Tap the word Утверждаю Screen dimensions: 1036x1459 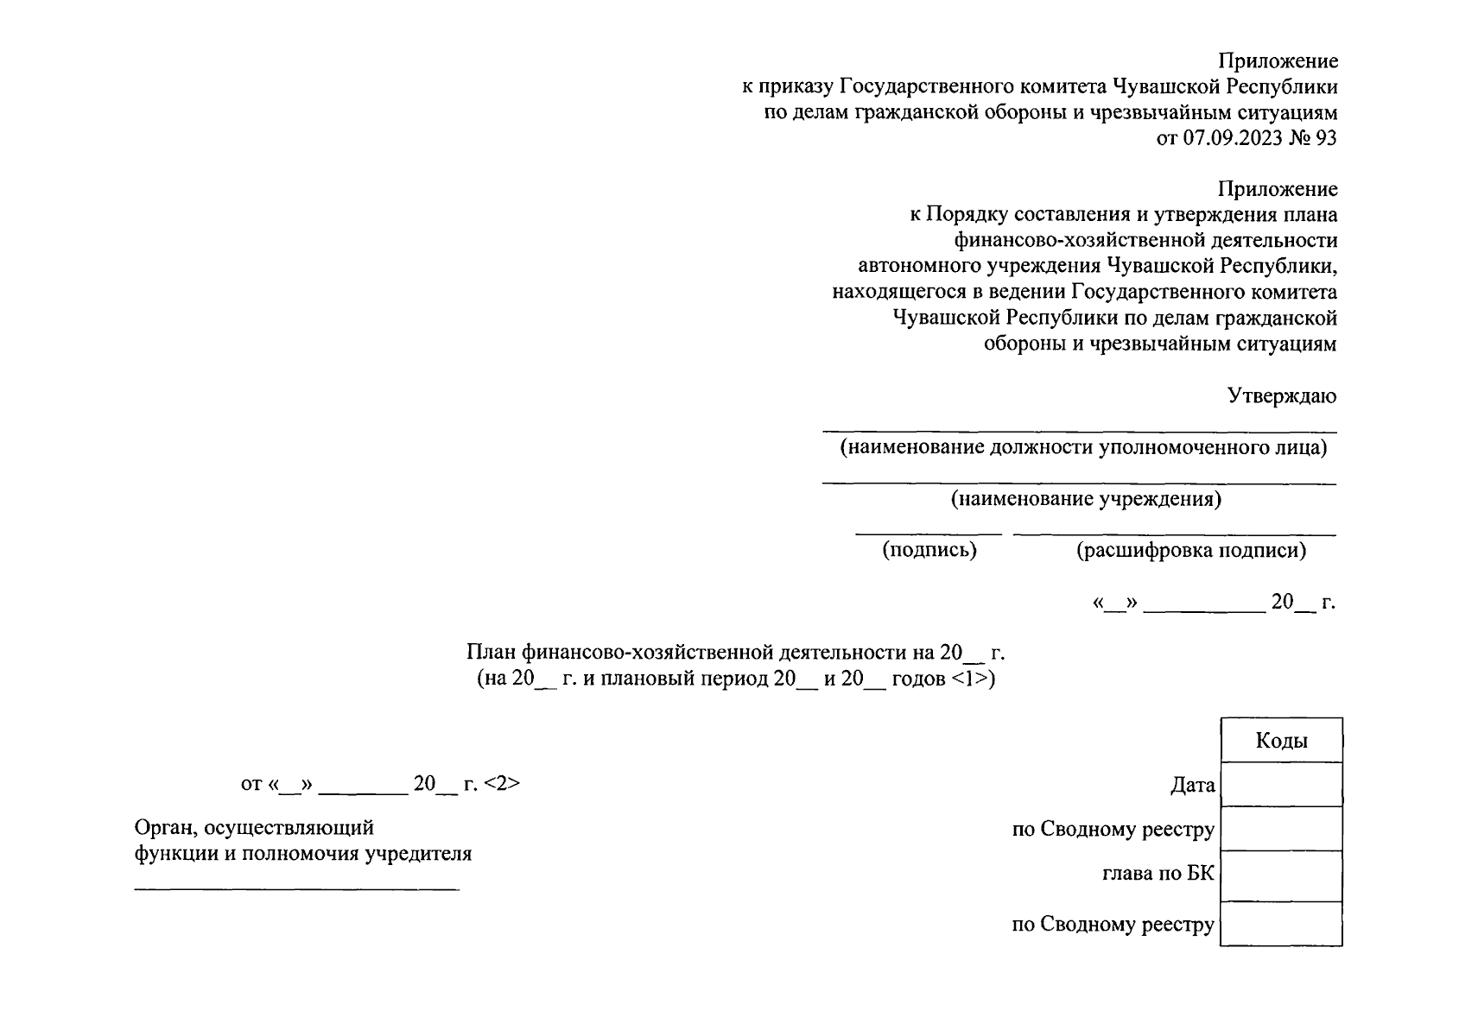tap(1282, 396)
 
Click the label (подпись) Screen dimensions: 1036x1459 tap(929, 550)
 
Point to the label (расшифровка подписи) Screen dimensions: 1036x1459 tap(1191, 550)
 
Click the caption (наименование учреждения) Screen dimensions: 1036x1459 tap(1086, 499)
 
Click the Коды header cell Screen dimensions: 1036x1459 tap(1281, 741)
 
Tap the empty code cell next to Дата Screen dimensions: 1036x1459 tap(1281, 785)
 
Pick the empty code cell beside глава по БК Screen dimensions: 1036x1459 tap(1281, 875)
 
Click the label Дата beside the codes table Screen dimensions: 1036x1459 tap(1192, 786)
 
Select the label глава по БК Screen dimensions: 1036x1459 tap(1158, 874)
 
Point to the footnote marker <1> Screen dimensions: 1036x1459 tap(973, 679)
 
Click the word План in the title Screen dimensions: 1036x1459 tap(489, 652)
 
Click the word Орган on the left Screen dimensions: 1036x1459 tap(163, 828)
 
